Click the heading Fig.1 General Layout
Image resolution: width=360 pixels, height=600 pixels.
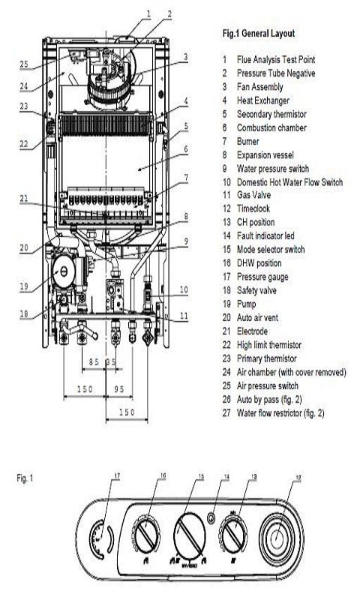tap(259, 33)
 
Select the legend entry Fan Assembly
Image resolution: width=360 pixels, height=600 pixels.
tap(259, 87)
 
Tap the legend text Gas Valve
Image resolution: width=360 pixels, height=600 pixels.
tap(253, 195)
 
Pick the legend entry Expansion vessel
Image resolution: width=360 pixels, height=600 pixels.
tap(265, 155)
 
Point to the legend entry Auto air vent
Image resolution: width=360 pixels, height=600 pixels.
tap(257, 317)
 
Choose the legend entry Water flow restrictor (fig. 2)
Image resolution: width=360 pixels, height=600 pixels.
tap(280, 413)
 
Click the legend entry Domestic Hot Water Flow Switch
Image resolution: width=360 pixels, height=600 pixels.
tap(289, 182)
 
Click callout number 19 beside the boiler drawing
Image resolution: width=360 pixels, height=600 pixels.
tap(24, 286)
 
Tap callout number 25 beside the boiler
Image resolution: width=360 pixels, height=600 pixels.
tap(24, 64)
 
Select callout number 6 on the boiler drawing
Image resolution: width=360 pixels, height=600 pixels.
tap(186, 148)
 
